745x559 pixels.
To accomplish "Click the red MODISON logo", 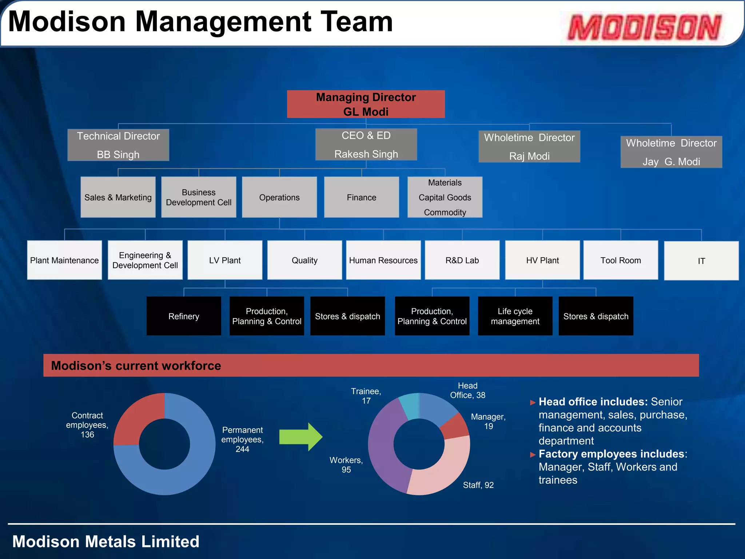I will [x=644, y=27].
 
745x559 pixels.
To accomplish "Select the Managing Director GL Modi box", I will [x=366, y=104].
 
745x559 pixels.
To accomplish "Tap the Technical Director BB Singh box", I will [x=118, y=145].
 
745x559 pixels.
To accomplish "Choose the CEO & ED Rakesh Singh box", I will [x=366, y=144].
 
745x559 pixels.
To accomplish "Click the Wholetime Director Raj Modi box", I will [x=529, y=146].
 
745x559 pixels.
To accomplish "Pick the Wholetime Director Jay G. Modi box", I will [x=671, y=152].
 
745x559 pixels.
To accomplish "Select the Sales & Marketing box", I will [x=118, y=197].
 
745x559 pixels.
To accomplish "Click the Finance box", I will [x=361, y=197].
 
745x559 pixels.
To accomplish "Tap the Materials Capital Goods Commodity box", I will [x=445, y=197].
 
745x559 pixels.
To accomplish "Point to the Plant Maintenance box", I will [x=64, y=260].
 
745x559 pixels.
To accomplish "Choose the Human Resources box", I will [x=383, y=260].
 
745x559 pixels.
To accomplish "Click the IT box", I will [x=701, y=261].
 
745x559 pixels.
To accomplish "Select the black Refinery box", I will [x=184, y=316].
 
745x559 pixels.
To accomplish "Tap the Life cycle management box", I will [x=515, y=316].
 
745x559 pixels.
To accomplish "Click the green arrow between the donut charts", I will [x=300, y=437].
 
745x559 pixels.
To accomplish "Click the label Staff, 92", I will [x=478, y=485].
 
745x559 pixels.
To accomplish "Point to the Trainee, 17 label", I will [x=366, y=396].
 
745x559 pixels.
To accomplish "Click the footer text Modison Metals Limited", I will [x=106, y=542].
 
